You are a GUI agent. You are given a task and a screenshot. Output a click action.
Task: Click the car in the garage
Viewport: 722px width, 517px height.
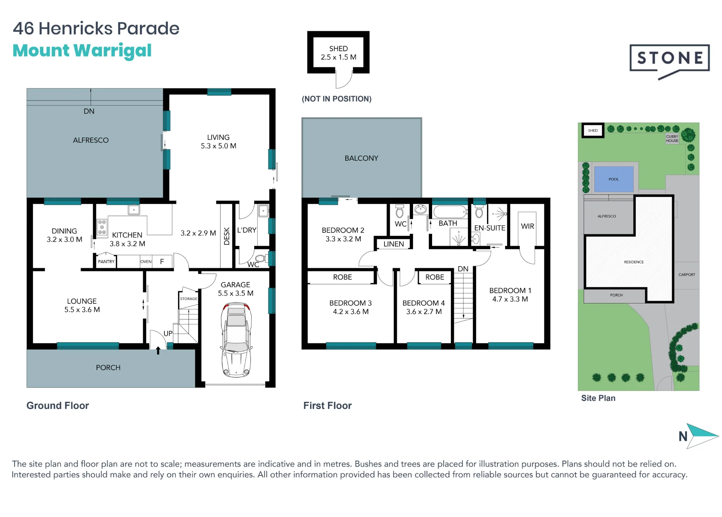(236, 340)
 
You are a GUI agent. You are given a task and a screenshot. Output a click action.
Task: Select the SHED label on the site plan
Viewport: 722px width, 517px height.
(593, 130)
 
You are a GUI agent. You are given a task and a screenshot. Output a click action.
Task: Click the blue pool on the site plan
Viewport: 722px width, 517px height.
(614, 179)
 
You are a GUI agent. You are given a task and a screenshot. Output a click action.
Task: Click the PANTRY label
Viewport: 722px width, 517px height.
(106, 262)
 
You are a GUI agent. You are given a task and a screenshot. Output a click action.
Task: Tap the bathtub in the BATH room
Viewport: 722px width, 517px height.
(449, 212)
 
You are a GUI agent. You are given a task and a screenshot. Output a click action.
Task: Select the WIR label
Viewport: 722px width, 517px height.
(527, 226)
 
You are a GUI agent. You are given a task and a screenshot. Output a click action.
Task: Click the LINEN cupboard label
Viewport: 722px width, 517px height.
(393, 244)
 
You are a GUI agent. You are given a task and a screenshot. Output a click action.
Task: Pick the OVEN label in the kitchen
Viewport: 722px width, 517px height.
(146, 262)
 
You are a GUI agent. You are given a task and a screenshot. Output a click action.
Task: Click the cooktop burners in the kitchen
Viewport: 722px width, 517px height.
(102, 227)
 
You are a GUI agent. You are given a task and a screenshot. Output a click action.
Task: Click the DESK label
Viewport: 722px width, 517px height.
(227, 236)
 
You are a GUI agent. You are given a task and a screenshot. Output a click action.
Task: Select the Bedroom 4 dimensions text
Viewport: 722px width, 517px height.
(424, 311)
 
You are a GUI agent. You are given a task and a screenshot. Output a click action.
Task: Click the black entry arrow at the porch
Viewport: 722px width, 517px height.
(158, 350)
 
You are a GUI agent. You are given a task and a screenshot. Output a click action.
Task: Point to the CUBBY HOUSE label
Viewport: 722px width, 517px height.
(672, 139)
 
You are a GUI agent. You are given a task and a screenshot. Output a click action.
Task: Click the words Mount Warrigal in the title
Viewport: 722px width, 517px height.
(82, 51)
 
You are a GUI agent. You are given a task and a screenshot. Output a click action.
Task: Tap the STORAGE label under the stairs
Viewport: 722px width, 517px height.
(189, 299)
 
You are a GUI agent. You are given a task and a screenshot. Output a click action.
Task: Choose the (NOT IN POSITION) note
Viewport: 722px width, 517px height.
(336, 99)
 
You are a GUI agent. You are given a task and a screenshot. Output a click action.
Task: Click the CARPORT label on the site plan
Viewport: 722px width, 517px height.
(687, 275)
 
